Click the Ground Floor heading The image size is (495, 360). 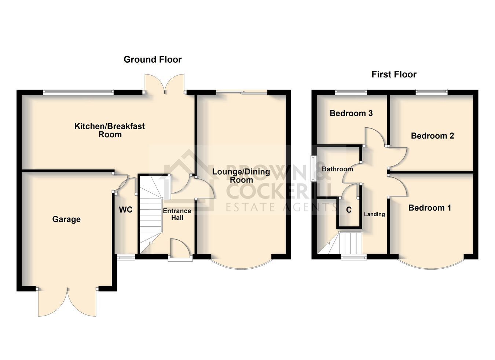[153, 59]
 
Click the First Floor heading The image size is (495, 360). [394, 74]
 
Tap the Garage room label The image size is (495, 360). [66, 219]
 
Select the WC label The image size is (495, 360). [125, 210]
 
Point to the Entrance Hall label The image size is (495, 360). [177, 214]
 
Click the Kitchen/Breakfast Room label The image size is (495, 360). [110, 130]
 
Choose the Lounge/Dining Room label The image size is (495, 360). [241, 176]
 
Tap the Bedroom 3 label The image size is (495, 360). [351, 113]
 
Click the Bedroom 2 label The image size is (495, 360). [432, 136]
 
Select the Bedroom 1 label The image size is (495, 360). [430, 208]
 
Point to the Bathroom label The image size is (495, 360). [337, 169]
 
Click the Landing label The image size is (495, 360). [374, 214]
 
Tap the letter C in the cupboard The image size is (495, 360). [349, 210]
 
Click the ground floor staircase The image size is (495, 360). [151, 214]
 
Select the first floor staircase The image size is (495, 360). [340, 243]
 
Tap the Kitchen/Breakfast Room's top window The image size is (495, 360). [78, 92]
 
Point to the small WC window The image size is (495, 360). [126, 257]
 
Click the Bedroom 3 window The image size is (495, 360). [351, 92]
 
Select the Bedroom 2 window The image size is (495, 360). [432, 92]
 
